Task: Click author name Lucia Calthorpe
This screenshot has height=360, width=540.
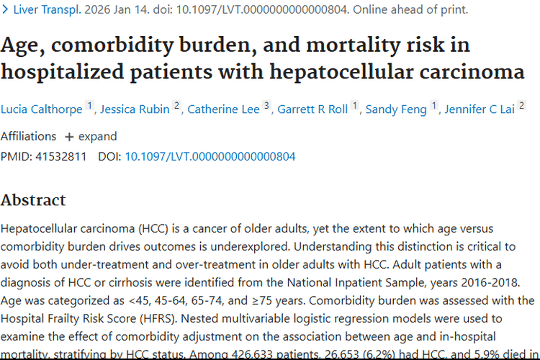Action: pos(42,109)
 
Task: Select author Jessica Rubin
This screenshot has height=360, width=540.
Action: pos(135,109)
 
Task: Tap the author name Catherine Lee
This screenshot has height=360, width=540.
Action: pos(222,109)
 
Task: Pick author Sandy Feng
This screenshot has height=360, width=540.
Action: pos(397,109)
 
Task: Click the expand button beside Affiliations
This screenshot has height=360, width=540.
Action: pos(91,136)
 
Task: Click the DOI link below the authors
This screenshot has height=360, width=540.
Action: pos(210,156)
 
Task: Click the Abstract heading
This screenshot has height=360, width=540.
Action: pos(33,200)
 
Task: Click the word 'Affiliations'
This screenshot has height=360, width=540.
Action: pos(28,136)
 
